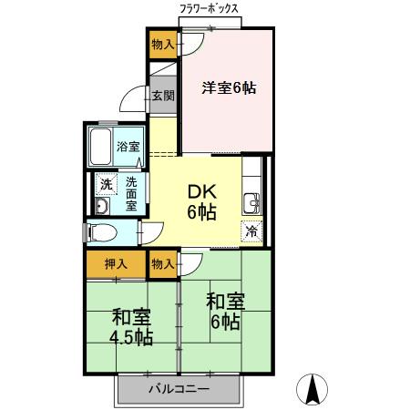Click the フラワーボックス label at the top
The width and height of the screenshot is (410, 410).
(210, 8)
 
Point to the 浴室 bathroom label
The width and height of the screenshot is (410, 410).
(127, 146)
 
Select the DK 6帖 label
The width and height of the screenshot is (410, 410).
(200, 202)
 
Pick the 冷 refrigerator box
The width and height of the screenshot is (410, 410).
(251, 231)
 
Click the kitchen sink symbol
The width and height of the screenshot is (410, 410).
(251, 201)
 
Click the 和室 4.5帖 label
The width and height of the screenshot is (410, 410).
(132, 326)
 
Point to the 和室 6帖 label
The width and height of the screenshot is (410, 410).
(224, 310)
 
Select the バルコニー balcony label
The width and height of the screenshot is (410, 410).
(179, 389)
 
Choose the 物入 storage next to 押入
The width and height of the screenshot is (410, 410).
(163, 263)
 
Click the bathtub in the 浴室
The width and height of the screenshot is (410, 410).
(101, 145)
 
